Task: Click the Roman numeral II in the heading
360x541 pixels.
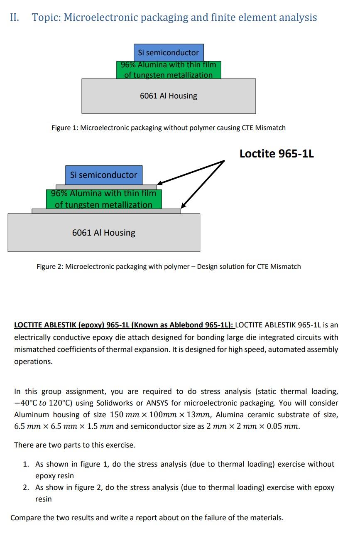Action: (15, 17)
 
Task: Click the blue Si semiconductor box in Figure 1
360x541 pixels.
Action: (168, 52)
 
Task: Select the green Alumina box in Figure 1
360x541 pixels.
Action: (168, 70)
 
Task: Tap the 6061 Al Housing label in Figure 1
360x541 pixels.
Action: (168, 96)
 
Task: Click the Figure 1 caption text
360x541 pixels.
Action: (168, 128)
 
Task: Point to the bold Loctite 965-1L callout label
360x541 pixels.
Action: (277, 154)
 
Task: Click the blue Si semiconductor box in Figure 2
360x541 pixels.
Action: (103, 175)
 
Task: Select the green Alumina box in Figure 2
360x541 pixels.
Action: (103, 199)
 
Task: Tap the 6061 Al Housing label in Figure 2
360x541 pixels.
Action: (103, 233)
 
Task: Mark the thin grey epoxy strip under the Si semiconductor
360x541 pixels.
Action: (106, 187)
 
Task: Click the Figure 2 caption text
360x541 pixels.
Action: (168, 266)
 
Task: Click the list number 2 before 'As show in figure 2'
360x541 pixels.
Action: (26, 487)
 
